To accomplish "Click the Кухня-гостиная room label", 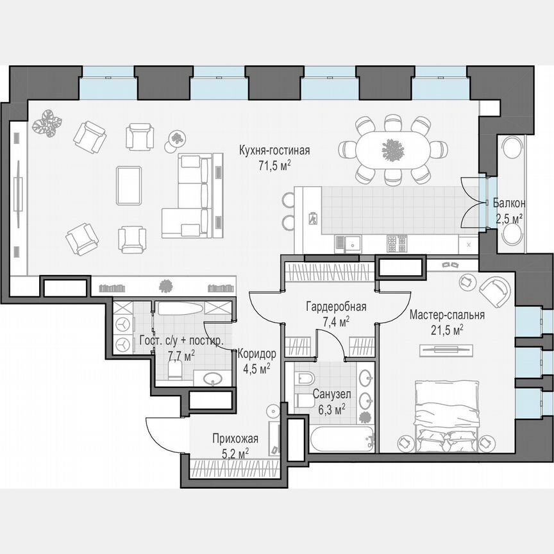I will coord(274,151).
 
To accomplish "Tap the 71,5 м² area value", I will coord(274,165).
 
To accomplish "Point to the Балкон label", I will coord(509,203).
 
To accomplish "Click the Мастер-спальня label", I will coord(446,315).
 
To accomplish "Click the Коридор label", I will coord(256,354).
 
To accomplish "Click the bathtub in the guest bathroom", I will coord(181,310).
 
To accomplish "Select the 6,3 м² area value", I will coord(330,408).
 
